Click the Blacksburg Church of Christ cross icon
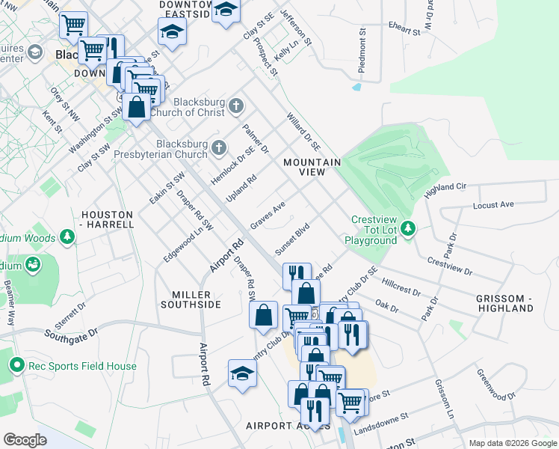click(237, 104)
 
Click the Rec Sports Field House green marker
click(16, 366)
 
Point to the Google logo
click(25, 440)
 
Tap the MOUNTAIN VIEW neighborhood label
click(312, 167)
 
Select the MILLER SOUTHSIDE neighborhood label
click(191, 299)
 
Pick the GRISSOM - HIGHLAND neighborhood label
click(504, 303)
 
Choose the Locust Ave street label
click(493, 204)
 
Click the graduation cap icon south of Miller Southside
click(242, 373)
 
